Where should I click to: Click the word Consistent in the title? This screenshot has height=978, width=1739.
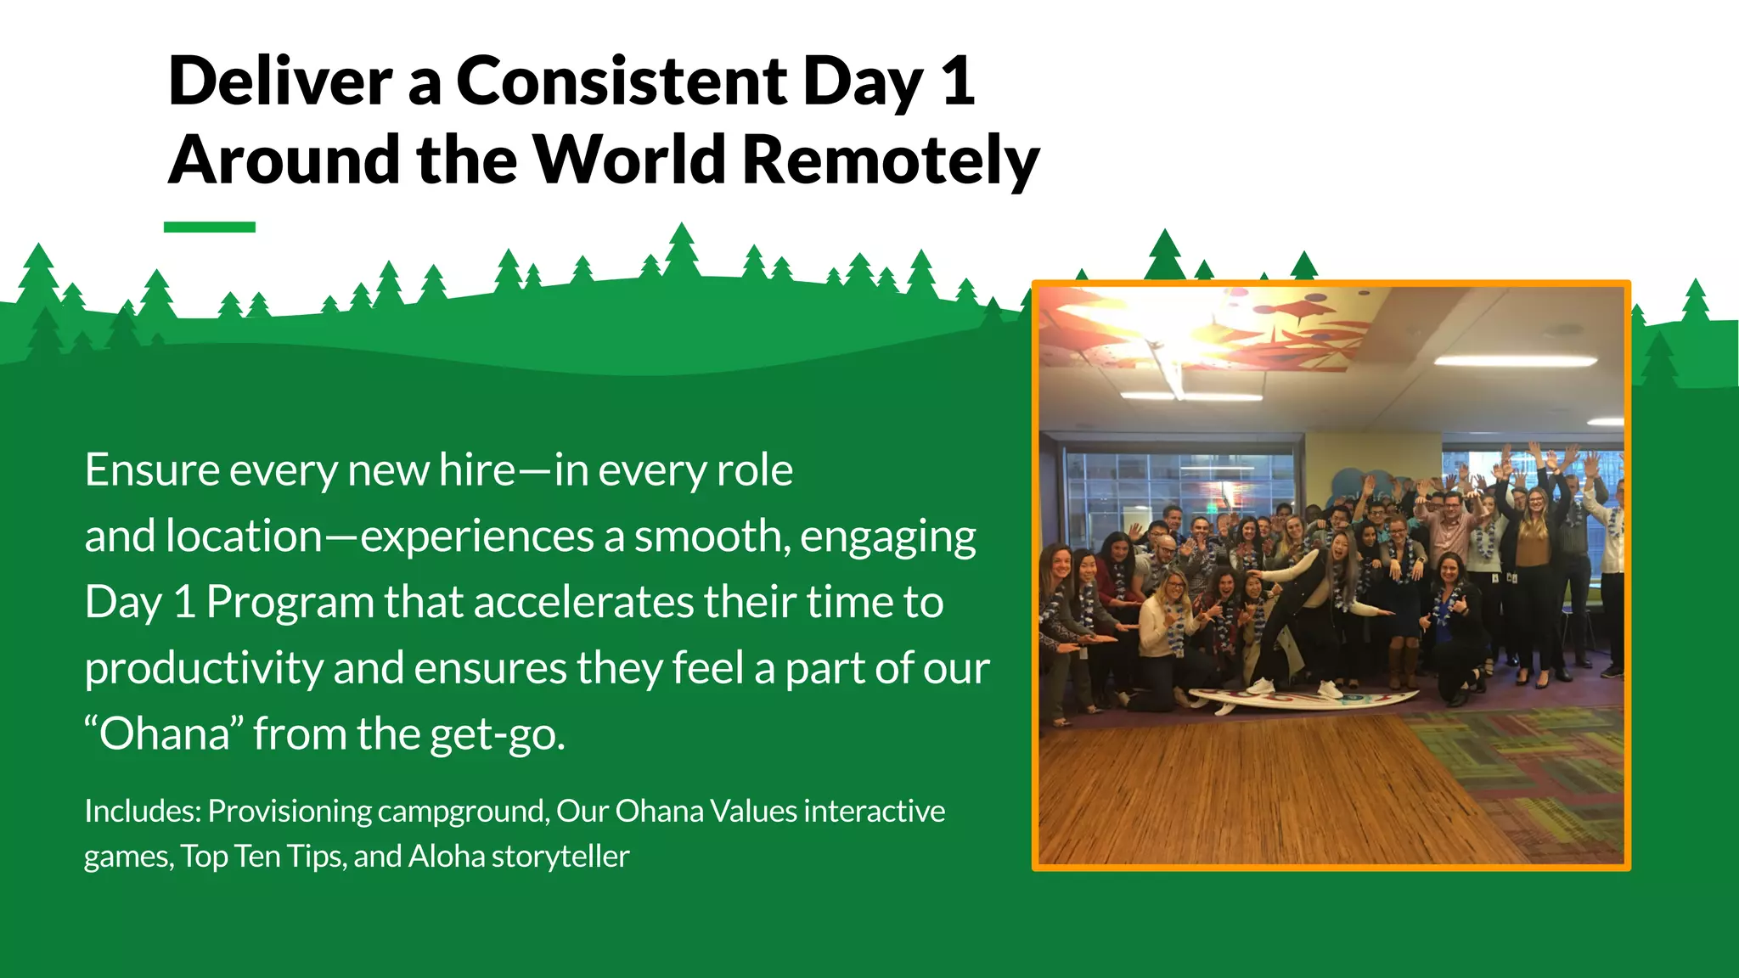click(622, 81)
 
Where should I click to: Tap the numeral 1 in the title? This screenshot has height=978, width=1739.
click(958, 81)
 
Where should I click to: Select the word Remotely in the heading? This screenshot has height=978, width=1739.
click(891, 160)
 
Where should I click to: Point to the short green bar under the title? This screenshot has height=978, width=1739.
click(210, 227)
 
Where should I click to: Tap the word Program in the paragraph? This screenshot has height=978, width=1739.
click(290, 603)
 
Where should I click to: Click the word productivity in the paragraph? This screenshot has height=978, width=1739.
click(204, 669)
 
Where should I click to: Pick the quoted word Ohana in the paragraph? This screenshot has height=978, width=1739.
click(164, 734)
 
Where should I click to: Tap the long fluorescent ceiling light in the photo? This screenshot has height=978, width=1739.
click(1516, 361)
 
